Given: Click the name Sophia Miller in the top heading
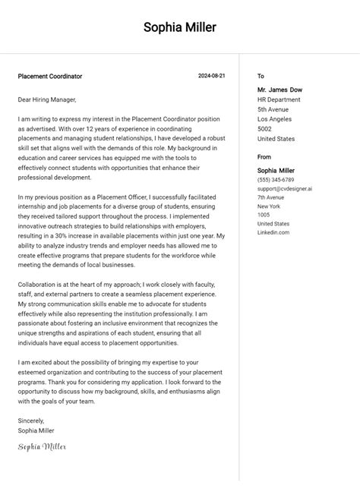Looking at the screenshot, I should [180, 28].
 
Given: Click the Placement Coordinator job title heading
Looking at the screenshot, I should [50, 77].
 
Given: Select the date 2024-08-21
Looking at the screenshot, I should [211, 77].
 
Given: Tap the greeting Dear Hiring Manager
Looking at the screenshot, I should [47, 99].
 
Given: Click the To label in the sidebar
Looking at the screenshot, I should [261, 77].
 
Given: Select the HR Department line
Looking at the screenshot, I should [279, 99].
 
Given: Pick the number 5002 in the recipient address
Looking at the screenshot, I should [265, 129].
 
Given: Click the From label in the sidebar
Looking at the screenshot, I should [264, 158].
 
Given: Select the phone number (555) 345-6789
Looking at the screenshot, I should [276, 180].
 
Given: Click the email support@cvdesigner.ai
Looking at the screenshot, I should [284, 189].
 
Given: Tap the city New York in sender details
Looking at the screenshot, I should [269, 206].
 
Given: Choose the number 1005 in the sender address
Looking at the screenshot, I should [264, 215].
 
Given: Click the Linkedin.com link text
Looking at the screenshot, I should [273, 232].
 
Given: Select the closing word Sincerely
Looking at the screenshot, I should [31, 421].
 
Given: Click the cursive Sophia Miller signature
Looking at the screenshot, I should [43, 447].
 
